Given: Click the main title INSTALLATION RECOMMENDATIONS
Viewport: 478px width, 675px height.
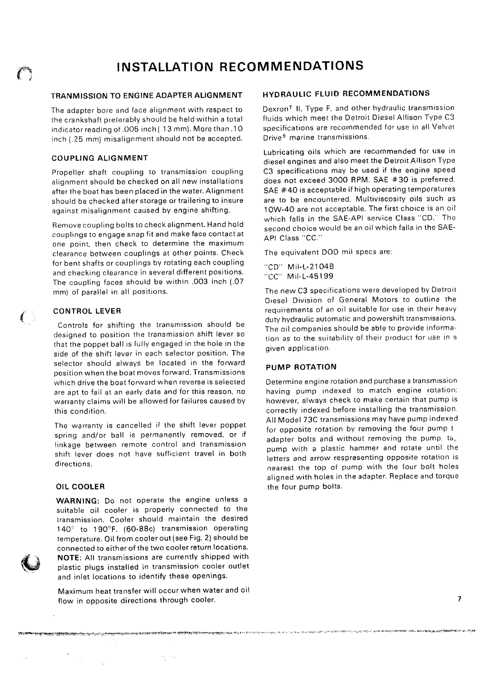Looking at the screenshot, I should (x=240, y=66).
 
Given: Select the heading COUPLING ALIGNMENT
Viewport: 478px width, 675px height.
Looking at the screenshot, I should (x=100, y=158).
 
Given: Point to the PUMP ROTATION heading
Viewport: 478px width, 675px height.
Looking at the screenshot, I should (x=301, y=367).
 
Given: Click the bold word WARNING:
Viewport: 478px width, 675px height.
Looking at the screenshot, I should (x=78, y=501).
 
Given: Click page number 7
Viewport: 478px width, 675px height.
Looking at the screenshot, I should (x=459, y=599).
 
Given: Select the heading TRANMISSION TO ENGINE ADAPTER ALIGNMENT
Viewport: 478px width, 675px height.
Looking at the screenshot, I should (x=146, y=95).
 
